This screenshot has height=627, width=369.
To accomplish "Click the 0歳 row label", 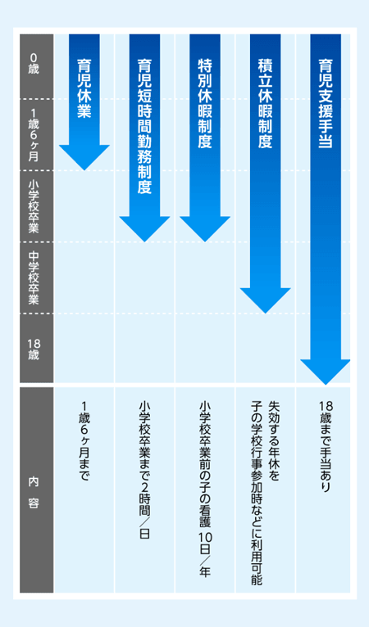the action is [34, 64].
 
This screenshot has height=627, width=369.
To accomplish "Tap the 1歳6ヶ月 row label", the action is [34, 135].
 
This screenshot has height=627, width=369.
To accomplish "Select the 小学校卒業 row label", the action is [34, 206].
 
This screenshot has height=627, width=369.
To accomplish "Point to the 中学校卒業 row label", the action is [34, 278].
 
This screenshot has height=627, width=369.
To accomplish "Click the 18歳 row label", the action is [34, 349].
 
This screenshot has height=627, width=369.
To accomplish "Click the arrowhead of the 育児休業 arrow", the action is [84, 157].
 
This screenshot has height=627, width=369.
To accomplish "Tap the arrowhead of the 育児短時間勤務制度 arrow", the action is [144, 229].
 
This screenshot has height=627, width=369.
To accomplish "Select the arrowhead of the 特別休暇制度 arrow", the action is [205, 229].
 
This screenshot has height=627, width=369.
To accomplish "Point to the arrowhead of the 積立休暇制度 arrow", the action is [265, 300].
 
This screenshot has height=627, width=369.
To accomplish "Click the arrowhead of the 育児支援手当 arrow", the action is [326, 372].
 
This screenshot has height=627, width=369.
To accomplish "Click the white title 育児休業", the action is [84, 88].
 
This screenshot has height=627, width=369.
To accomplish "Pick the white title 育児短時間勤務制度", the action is [144, 126].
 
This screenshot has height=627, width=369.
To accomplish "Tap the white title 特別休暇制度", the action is [205, 103].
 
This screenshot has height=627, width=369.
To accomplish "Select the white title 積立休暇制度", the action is [265, 103].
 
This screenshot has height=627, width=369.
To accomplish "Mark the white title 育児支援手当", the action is [326, 103].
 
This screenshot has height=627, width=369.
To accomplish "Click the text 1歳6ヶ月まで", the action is [84, 441].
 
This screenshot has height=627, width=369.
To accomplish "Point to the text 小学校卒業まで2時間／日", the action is [144, 470].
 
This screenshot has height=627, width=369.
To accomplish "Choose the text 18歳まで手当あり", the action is [326, 447].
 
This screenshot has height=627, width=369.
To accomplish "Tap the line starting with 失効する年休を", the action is [274, 441].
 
